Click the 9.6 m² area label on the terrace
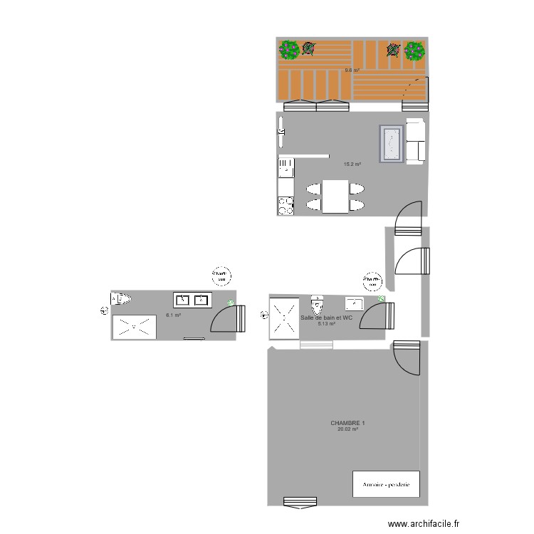point(352,70)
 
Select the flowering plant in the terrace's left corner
point(289,49)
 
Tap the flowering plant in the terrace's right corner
point(414,50)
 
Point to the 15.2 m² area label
point(352,164)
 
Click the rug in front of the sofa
point(390,143)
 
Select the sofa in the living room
point(416,140)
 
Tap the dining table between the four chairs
point(335,197)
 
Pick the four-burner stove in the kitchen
point(286,205)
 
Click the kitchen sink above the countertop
point(286,168)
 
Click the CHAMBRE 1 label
point(347,423)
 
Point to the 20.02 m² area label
point(347,429)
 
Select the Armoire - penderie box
point(386,484)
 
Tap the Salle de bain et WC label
point(327,318)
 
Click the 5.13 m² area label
point(327,324)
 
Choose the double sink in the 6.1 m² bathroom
point(192,300)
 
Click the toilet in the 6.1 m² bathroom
point(120,298)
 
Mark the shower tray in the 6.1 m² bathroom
point(134,327)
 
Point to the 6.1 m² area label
point(173,315)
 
